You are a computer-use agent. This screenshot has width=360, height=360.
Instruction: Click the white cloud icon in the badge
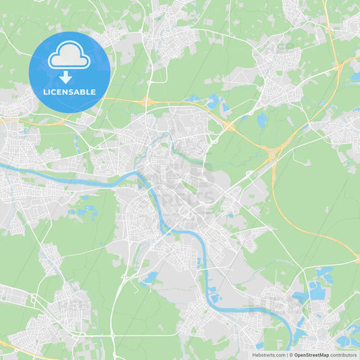(69, 58)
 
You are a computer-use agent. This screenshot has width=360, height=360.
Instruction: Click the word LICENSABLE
(70, 91)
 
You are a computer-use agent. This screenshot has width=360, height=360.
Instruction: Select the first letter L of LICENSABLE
(45, 91)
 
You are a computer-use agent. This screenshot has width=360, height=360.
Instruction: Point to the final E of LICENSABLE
(95, 91)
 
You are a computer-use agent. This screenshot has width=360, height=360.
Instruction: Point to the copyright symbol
(291, 355)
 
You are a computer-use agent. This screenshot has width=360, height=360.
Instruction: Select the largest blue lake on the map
(317, 291)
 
